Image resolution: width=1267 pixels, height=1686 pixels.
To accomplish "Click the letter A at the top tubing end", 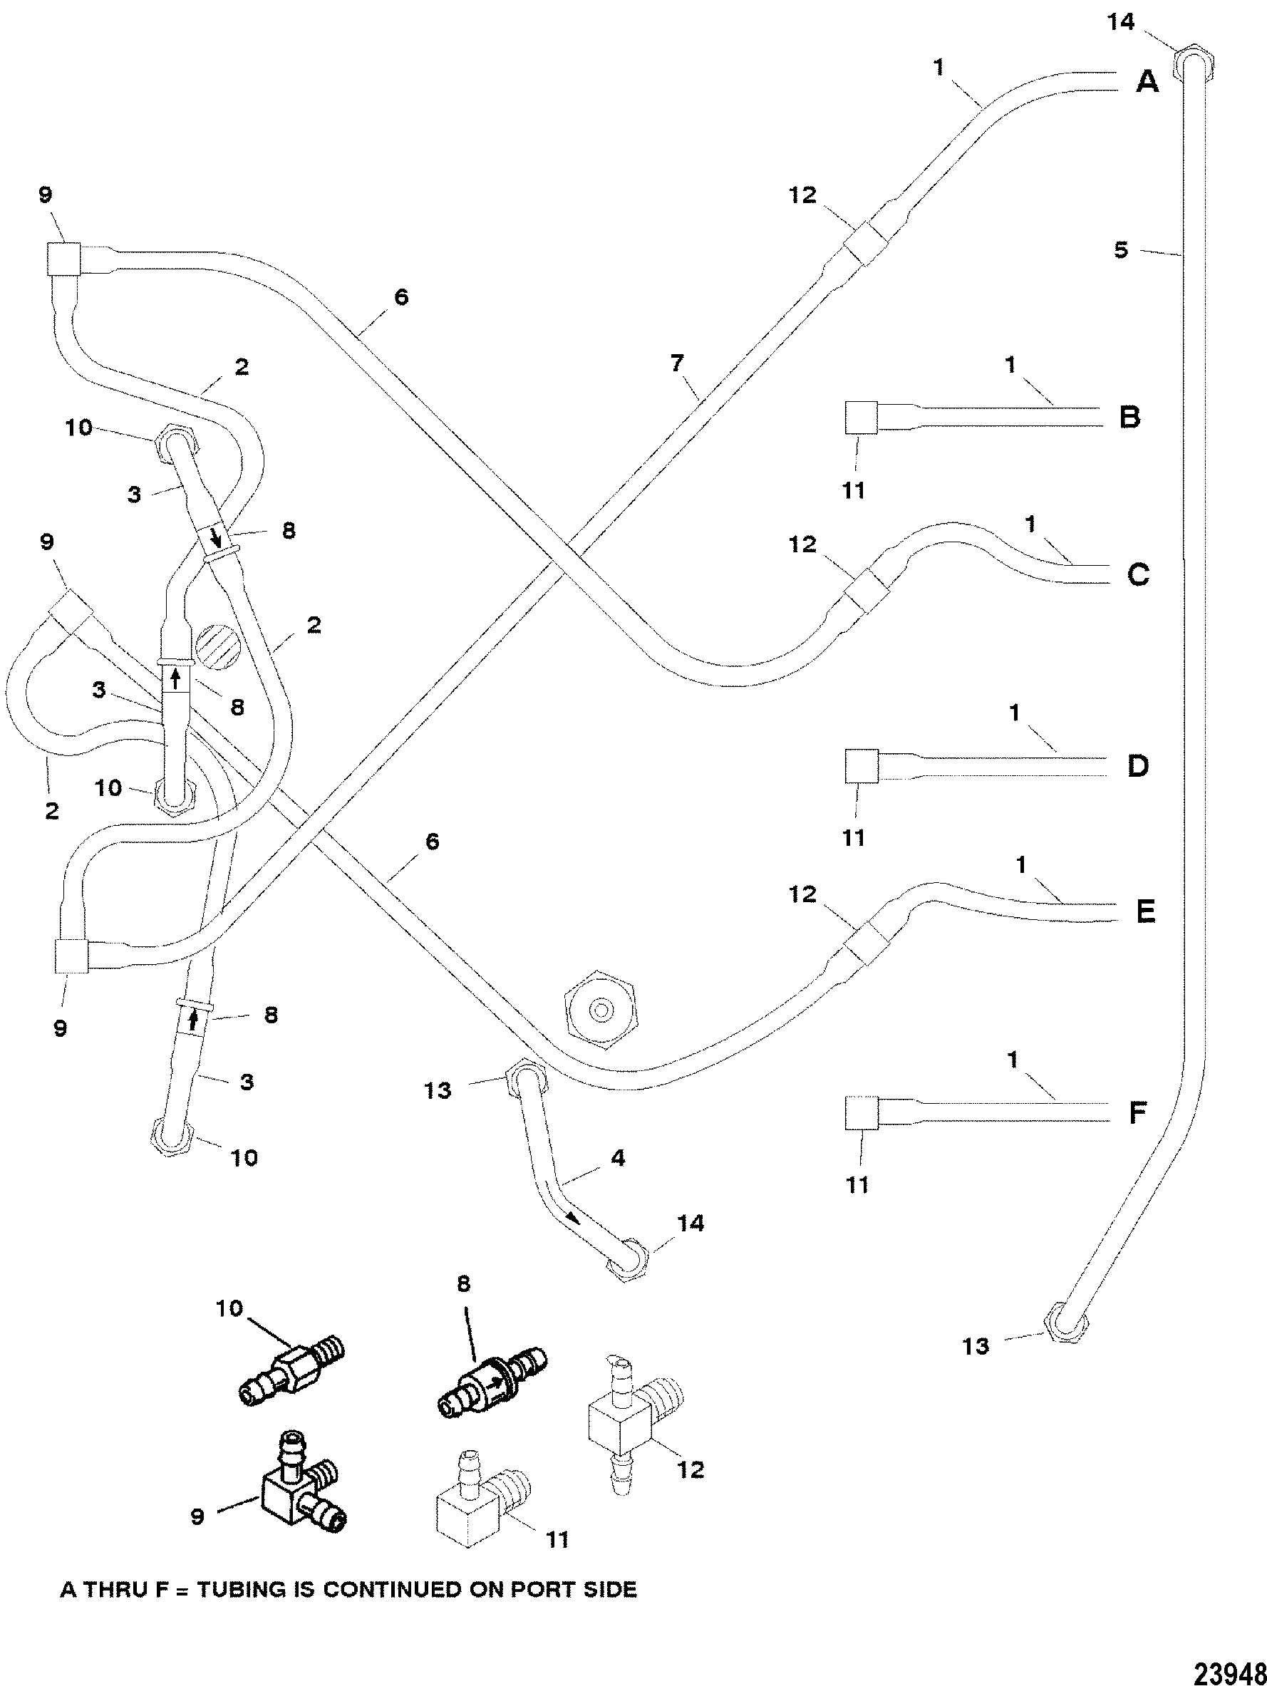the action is [1147, 81].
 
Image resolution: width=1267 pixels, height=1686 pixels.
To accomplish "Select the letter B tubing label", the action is [1129, 417].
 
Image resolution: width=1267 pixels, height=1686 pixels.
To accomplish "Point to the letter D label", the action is [1137, 766].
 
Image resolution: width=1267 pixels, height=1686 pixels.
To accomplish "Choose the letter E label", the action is [1145, 911].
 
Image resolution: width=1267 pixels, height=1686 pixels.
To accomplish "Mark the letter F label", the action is [1137, 1113].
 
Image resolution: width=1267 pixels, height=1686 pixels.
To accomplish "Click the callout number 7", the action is [676, 364].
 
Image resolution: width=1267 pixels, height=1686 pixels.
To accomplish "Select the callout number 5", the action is [1121, 250].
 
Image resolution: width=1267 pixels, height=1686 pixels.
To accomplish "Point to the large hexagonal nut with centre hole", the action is [601, 1010].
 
